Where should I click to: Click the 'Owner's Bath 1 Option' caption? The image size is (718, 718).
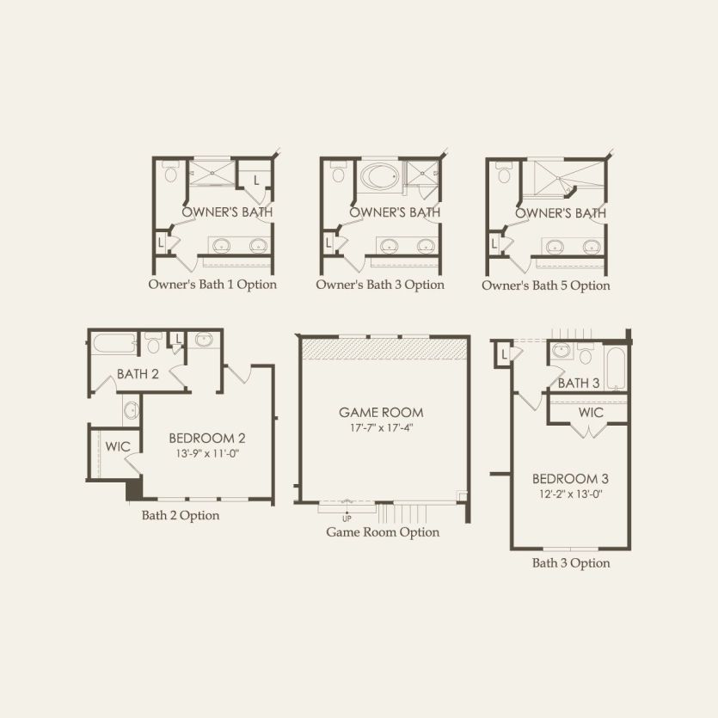(x=212, y=285)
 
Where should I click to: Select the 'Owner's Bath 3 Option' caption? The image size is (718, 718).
(x=380, y=285)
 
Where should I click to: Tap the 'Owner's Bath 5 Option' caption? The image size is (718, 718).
(x=546, y=285)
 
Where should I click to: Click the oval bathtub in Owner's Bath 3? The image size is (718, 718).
(x=378, y=175)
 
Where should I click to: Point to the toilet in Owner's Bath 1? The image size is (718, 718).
(x=170, y=172)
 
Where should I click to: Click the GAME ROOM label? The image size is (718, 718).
(x=381, y=413)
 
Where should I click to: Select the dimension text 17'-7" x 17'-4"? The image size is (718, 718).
(x=381, y=428)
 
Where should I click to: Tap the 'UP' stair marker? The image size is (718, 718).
(x=347, y=519)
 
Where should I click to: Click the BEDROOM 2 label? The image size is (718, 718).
(x=207, y=439)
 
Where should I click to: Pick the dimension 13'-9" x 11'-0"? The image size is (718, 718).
(x=207, y=454)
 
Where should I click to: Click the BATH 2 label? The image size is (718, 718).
(x=138, y=374)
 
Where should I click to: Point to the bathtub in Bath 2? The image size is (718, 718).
(x=114, y=343)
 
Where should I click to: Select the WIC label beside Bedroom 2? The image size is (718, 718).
(x=118, y=446)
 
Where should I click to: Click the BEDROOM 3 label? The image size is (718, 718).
(x=570, y=479)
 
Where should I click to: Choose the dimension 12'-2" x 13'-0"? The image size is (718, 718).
(x=571, y=494)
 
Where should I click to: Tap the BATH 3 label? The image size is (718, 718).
(x=579, y=383)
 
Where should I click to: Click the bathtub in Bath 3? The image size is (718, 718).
(x=615, y=369)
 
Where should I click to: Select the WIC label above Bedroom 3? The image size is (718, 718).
(x=591, y=413)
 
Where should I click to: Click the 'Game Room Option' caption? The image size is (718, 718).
(x=383, y=532)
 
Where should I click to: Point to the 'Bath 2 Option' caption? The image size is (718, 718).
(x=181, y=516)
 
